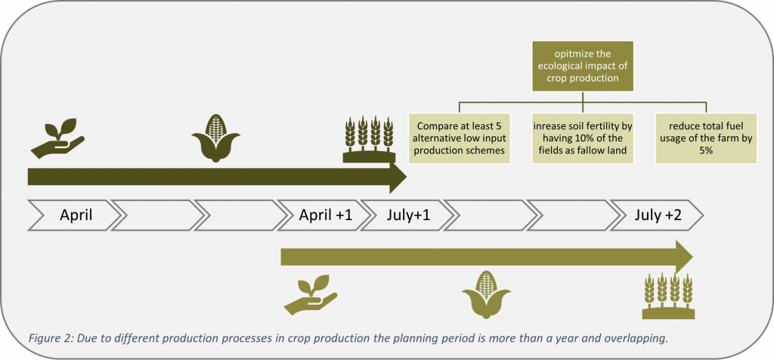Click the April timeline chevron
74,216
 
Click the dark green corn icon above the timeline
215,138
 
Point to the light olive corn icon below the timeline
486,294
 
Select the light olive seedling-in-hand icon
311,295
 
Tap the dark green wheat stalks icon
369,140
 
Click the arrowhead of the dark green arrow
398,175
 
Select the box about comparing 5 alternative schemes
460,138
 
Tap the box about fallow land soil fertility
583,138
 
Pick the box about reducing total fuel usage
706,138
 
